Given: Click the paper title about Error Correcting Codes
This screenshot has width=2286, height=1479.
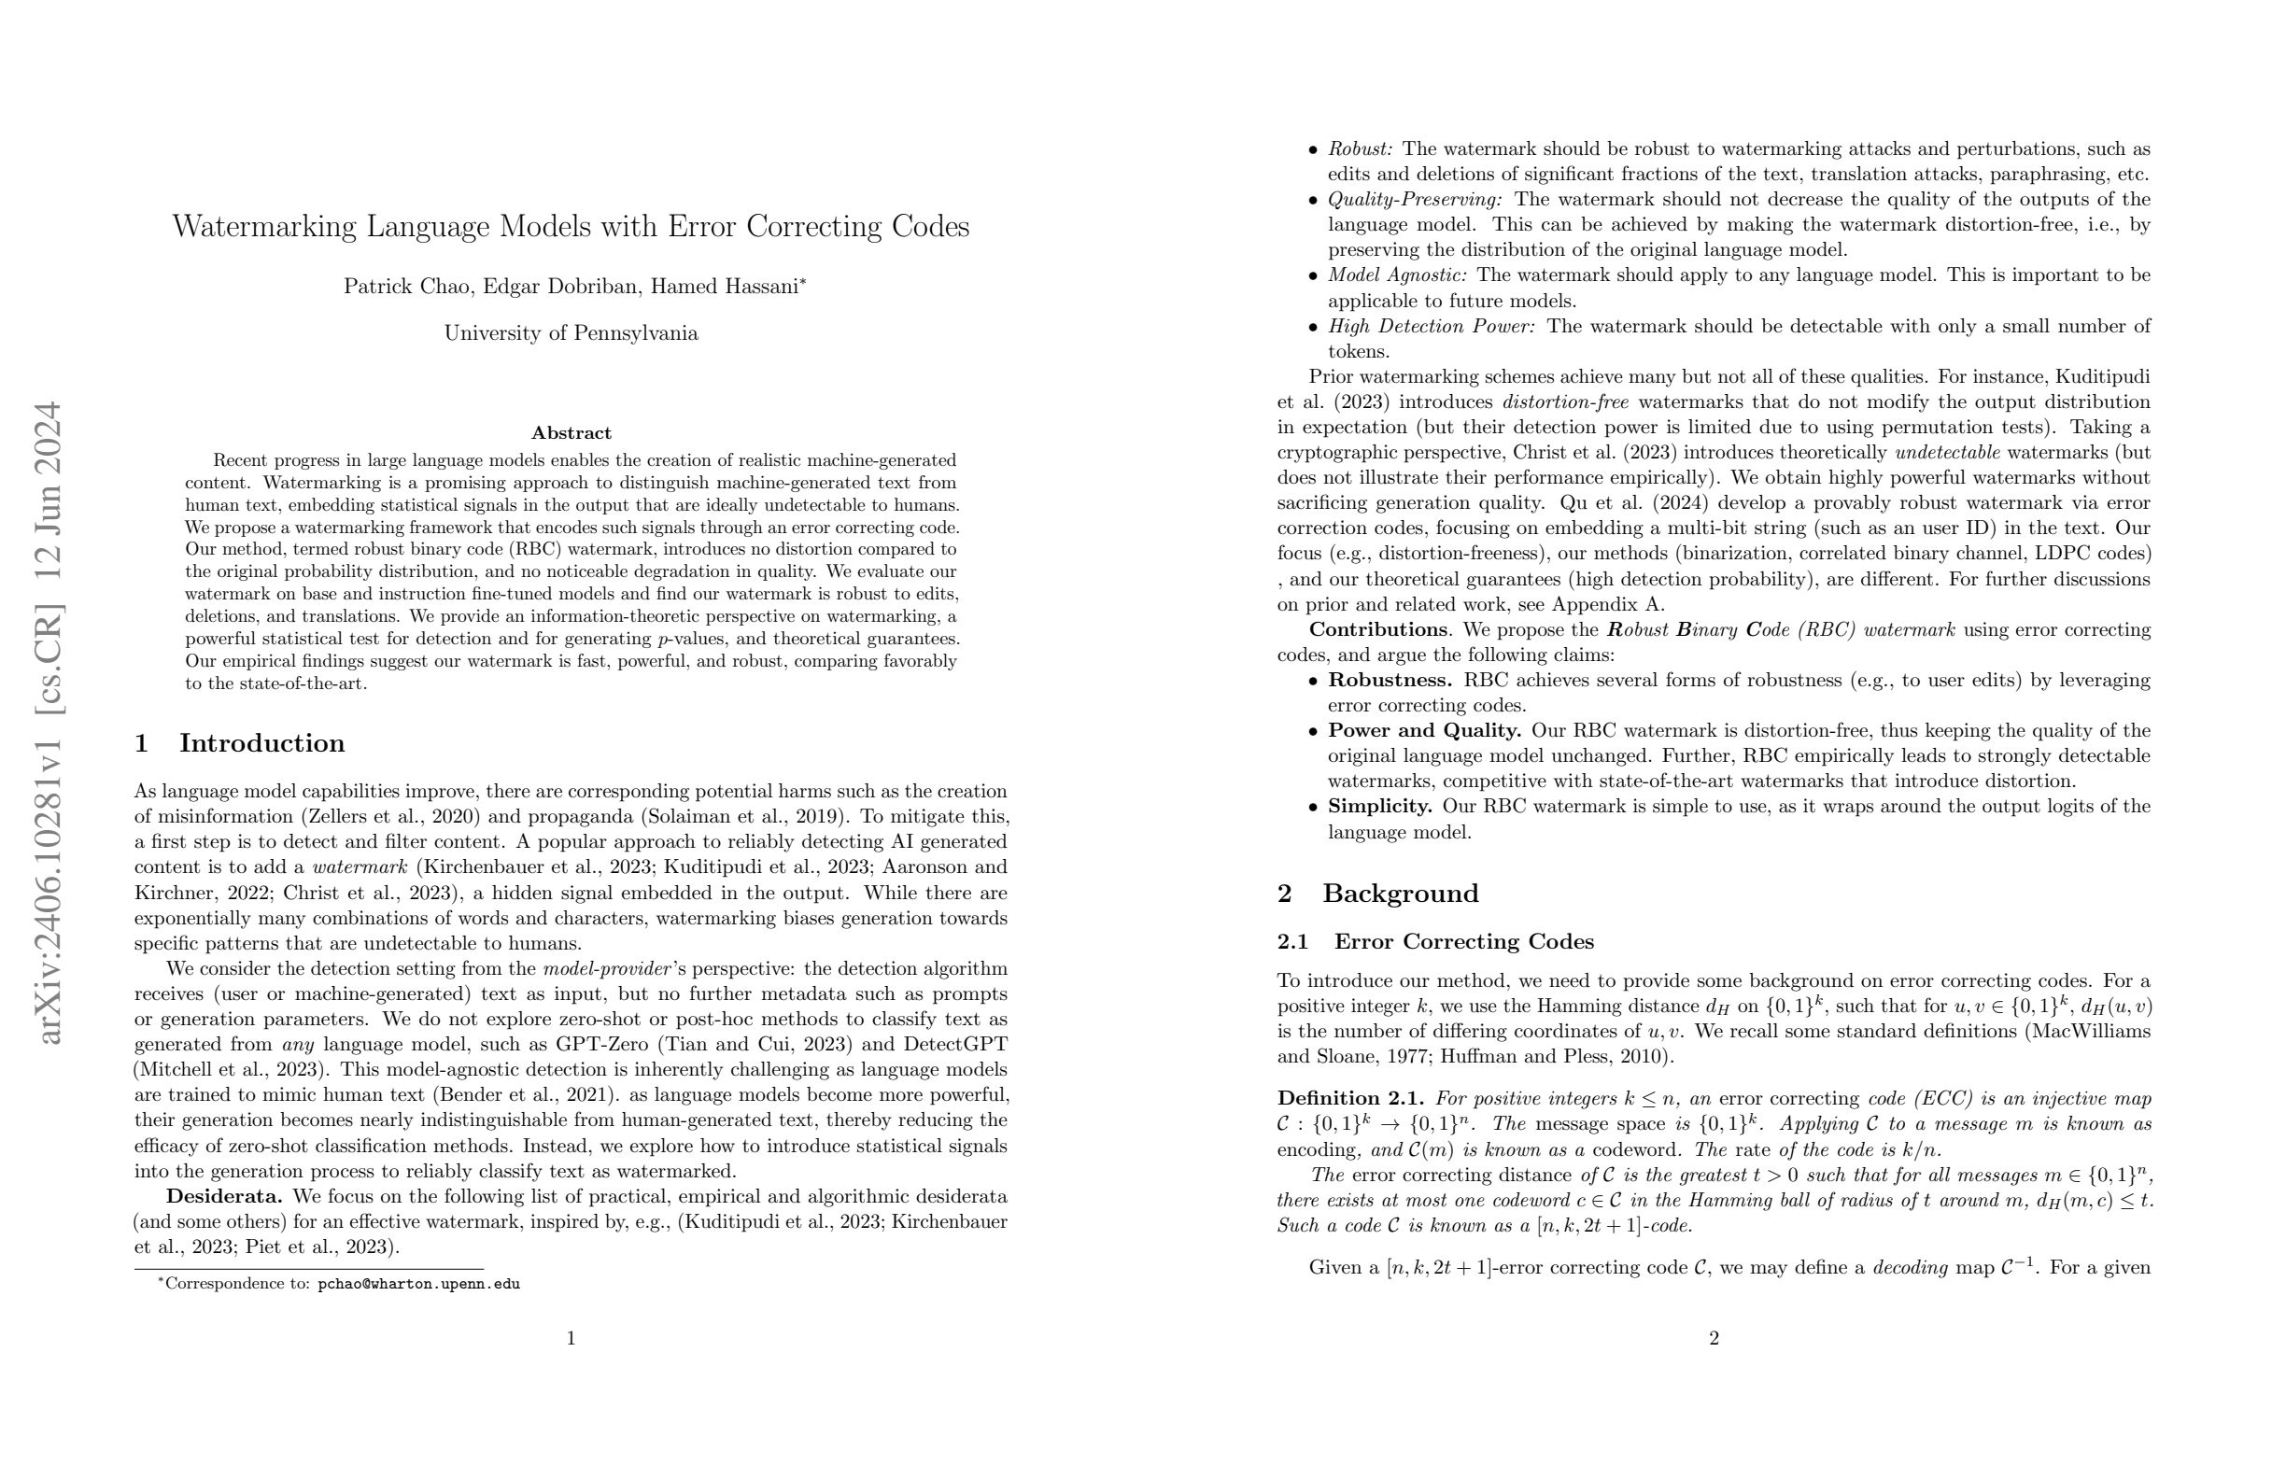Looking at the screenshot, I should point(571,227).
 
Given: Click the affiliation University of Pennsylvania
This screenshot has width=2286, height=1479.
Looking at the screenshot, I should point(571,333).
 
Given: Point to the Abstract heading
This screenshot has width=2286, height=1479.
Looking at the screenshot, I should point(571,433).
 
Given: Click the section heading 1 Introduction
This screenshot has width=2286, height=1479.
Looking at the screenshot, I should point(239,743).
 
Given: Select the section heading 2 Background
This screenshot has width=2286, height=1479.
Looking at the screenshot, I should point(1377,894).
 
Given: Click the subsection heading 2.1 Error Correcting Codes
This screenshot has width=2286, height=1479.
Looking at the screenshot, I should point(1435,941).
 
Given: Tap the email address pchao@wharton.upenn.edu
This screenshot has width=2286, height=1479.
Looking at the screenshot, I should point(418,1284).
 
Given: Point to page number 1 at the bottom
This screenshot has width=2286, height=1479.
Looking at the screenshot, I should point(571,1339).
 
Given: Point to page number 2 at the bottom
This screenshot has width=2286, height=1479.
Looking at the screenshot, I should point(1714,1339).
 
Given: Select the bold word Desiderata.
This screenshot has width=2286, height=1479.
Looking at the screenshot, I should point(224,1197).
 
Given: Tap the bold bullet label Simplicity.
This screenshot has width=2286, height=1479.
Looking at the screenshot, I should point(1380,807).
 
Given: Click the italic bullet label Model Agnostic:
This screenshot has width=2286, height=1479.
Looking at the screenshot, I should point(1397,275).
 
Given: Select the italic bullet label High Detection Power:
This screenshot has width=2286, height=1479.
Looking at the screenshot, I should point(1432,327).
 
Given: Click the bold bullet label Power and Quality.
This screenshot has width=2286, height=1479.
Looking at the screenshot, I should point(1424,731).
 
